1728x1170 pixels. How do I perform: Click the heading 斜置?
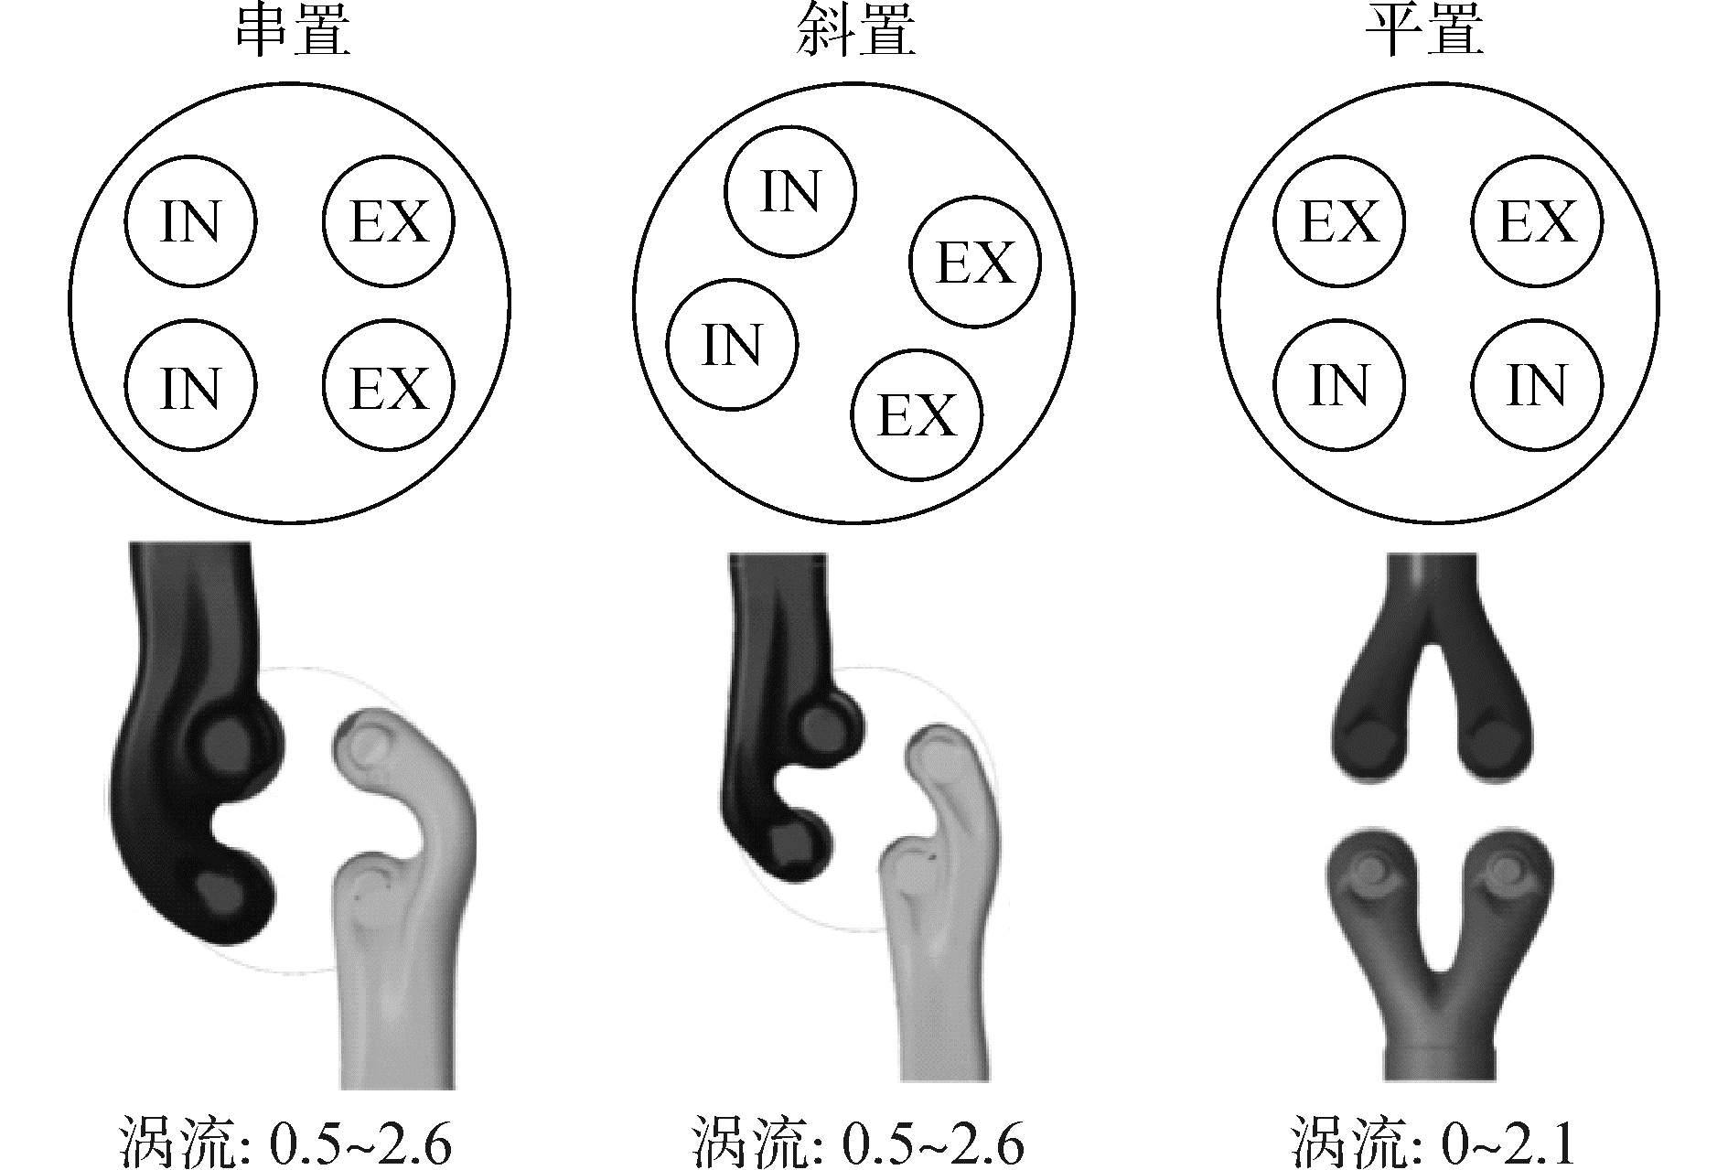click(855, 33)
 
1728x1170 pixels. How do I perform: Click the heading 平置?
click(1424, 33)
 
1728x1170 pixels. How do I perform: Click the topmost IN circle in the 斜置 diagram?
click(790, 191)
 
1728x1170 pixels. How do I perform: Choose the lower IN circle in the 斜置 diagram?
click(732, 345)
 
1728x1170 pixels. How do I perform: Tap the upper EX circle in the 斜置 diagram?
click(975, 263)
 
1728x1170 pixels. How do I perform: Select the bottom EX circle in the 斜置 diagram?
click(917, 414)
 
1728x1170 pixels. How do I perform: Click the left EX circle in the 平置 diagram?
click(1339, 222)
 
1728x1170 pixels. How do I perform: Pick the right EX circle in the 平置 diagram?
click(1537, 222)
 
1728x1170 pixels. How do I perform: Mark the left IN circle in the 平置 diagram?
click(1339, 384)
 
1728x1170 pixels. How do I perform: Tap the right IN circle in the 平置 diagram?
click(1537, 384)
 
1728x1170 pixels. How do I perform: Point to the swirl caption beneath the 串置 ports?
click(285, 1141)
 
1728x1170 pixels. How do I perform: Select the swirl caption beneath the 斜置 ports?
click(855, 1141)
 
